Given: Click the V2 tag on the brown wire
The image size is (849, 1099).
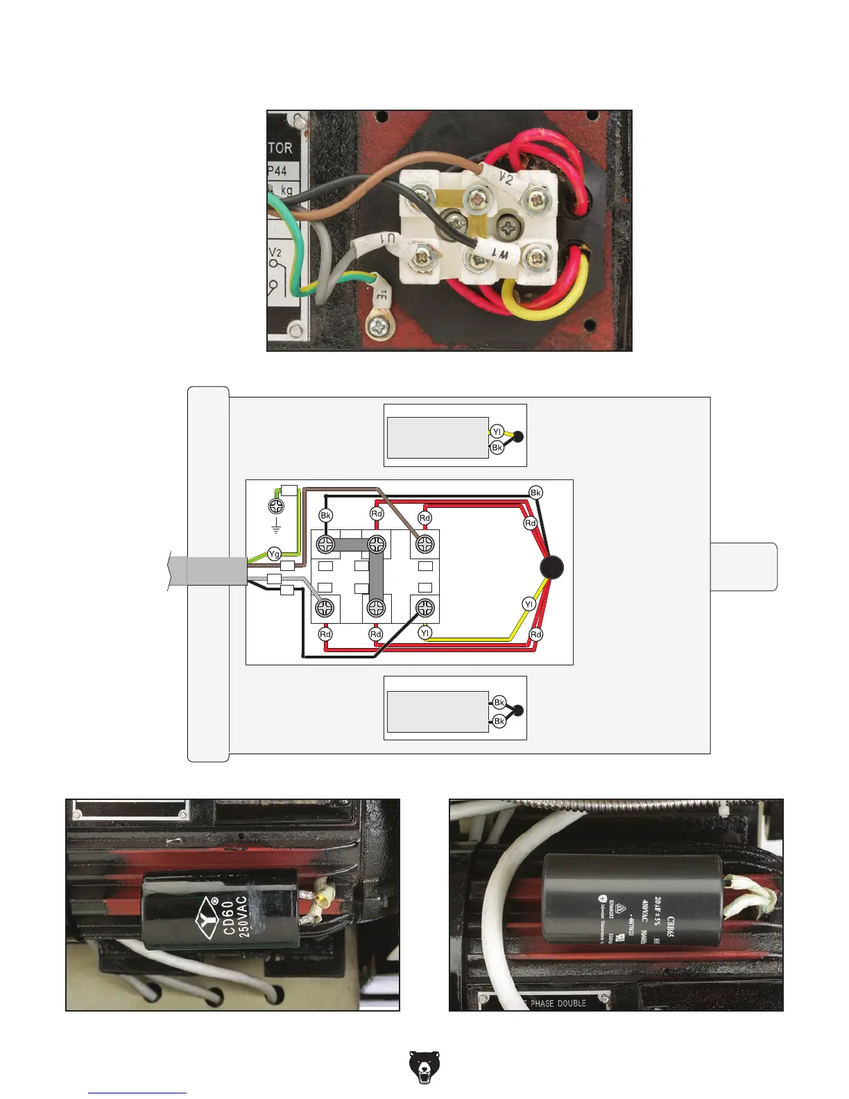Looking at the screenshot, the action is pos(506,178).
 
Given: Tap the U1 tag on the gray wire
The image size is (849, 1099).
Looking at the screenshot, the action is pos(381,242).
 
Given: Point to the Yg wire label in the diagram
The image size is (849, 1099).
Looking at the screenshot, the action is pos(275,554).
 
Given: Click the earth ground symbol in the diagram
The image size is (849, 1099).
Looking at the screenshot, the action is pos(276,529).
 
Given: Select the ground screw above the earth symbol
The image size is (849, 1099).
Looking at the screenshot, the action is pos(276,506).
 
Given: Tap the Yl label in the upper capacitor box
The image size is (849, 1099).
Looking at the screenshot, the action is pos(497,432).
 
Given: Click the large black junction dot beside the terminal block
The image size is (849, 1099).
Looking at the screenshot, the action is pos(551,568).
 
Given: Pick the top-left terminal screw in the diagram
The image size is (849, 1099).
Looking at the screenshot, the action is pos(325,543).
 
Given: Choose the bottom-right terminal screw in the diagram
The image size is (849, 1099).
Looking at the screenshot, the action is pos(424,608).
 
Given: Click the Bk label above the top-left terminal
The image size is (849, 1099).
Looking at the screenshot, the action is pos(325,516).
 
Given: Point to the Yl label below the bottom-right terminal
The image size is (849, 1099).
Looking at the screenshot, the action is pos(425,633).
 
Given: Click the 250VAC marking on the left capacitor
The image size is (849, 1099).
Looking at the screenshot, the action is pos(243,917).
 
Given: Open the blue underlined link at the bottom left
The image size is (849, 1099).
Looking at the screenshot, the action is pos(137,1093).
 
